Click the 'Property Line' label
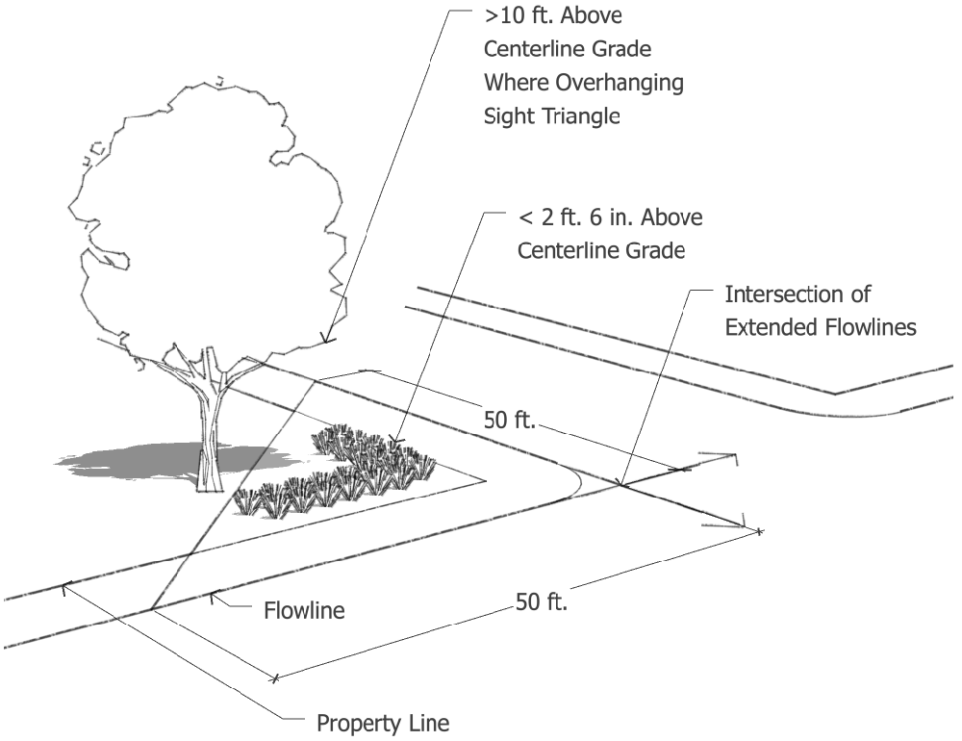383,722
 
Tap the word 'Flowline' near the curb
304,609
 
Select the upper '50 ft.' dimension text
509,421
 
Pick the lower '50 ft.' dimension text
543,603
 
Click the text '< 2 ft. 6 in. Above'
610,217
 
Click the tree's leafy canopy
202,221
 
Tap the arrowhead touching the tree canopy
326,338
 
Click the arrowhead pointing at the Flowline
215,596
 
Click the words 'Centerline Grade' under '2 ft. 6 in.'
601,250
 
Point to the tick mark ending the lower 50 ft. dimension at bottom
275,678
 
